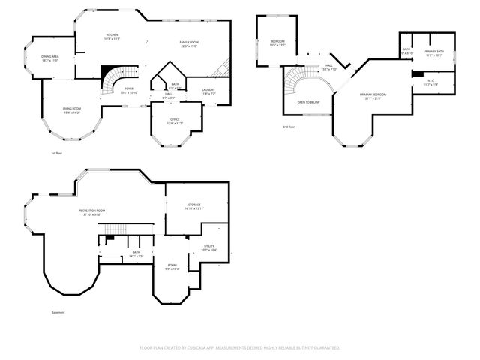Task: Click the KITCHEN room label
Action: pos(112,35)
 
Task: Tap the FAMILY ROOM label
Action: pos(188,42)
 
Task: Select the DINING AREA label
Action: pos(51,58)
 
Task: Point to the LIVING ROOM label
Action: pos(71,109)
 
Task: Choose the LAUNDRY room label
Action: pos(208,90)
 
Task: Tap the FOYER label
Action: pos(129,89)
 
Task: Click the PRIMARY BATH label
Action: pos(434,52)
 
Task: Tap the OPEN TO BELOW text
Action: pos(308,102)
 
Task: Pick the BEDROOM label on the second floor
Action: pos(277,42)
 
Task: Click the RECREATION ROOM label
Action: pos(93,211)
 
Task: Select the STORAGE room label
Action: pos(194,205)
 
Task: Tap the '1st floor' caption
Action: pos(56,153)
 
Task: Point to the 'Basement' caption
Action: pos(58,312)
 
